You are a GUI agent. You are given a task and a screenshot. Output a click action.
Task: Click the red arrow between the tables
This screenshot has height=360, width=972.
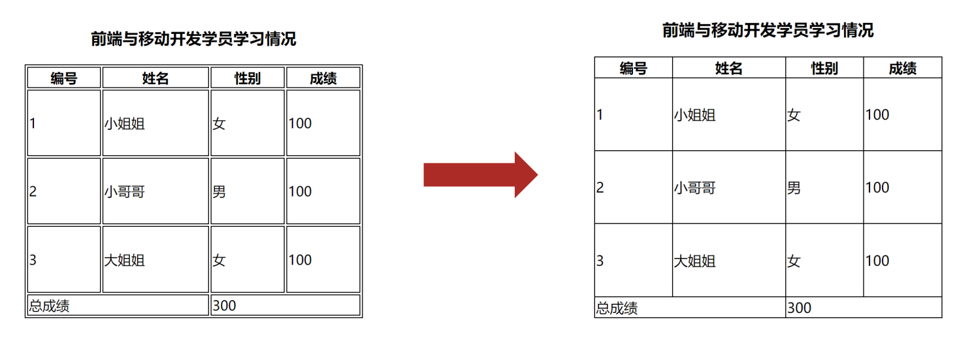(480, 174)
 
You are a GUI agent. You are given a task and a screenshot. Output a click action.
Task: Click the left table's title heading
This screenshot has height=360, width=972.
(193, 39)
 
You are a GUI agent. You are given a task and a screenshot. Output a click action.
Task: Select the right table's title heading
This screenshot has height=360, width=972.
(768, 30)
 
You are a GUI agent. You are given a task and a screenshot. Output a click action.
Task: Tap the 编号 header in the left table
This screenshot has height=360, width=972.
(64, 78)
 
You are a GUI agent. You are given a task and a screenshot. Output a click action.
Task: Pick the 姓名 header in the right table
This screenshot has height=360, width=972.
(729, 68)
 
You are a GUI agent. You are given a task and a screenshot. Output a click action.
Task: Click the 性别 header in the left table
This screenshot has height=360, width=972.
(248, 78)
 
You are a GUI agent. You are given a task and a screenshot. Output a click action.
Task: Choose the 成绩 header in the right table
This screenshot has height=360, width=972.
(903, 68)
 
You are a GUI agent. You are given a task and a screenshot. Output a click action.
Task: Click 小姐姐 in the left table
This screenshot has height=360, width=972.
(124, 123)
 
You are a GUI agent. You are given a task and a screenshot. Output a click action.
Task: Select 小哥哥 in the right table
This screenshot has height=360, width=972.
(695, 188)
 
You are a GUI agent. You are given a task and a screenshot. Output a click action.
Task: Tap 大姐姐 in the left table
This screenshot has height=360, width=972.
(124, 260)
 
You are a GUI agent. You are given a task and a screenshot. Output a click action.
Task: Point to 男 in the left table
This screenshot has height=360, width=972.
(219, 191)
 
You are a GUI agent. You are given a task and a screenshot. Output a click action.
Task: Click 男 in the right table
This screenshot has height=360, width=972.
(794, 188)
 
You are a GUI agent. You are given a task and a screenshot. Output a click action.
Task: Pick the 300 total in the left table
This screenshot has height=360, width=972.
(224, 305)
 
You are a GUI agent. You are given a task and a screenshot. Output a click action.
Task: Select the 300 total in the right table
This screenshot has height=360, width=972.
(799, 308)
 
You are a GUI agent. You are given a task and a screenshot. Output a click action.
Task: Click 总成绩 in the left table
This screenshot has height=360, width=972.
(49, 306)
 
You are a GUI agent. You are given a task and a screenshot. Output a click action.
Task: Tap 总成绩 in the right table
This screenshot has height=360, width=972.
(617, 308)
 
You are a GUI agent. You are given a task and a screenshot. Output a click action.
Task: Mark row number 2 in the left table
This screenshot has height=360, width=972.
(33, 191)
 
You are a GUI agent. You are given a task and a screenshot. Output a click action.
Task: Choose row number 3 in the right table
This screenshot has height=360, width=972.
(600, 261)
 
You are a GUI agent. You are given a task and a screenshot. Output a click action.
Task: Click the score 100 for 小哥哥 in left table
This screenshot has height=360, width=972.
(300, 191)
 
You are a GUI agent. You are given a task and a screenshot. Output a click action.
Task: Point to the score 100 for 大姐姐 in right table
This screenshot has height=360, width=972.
(877, 261)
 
